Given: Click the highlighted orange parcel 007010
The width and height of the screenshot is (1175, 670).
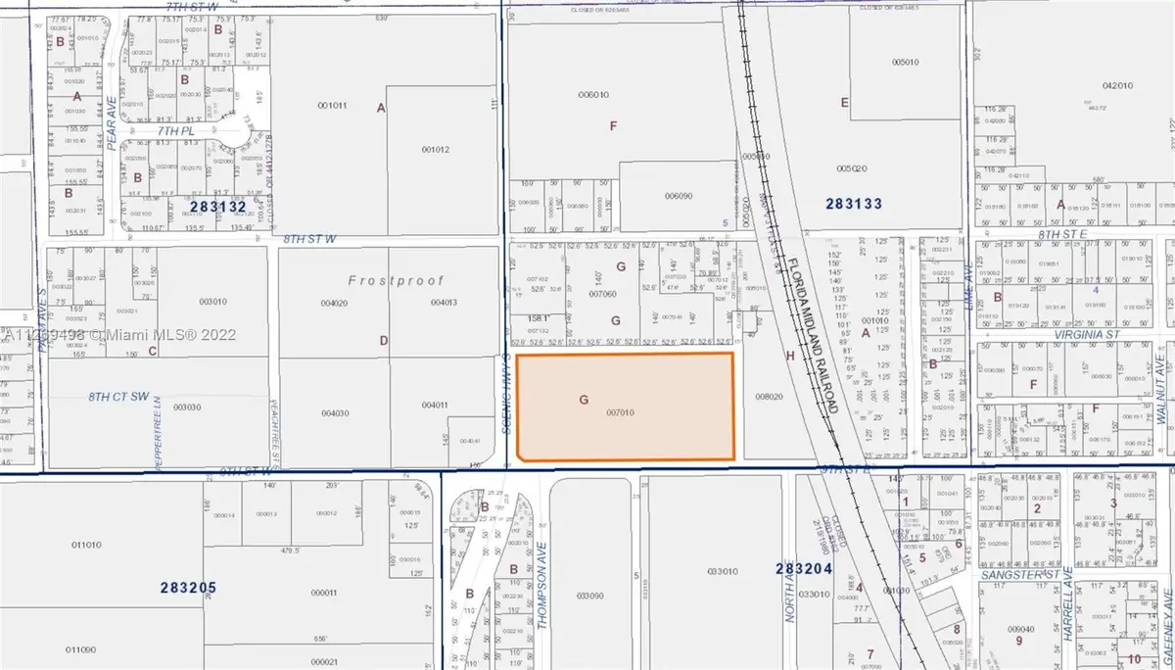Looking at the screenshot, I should pos(625,406).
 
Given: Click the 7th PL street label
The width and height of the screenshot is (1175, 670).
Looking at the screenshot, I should pos(175,129).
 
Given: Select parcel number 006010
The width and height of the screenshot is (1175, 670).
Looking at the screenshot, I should pos(594,95).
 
